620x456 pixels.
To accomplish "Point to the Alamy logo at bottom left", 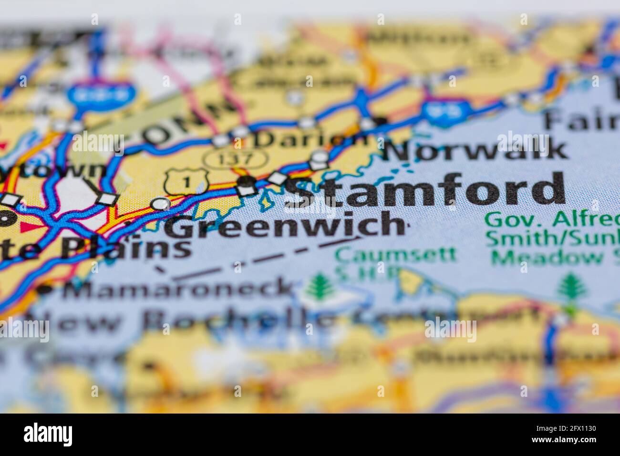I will coord(48,435).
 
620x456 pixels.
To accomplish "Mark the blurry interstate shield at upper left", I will coord(99,93).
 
